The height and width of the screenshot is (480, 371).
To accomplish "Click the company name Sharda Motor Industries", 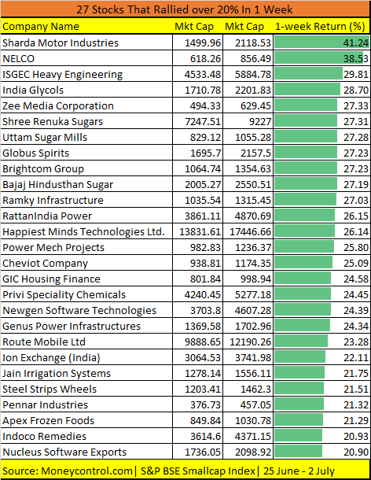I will [x=61, y=42].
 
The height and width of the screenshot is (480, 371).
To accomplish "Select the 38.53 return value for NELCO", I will [x=356, y=58].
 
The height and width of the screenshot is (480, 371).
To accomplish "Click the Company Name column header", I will [x=41, y=27].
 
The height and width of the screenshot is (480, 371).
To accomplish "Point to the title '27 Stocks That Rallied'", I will [x=185, y=9].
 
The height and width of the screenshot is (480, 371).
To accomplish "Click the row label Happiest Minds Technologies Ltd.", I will [x=83, y=231].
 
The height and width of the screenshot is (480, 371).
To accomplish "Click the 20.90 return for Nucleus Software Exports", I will [x=356, y=452].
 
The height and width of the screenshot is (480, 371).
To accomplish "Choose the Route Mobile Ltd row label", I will [x=44, y=342].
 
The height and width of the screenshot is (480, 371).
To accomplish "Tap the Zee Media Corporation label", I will [x=58, y=105].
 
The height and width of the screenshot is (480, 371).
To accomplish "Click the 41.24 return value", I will [x=356, y=42].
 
